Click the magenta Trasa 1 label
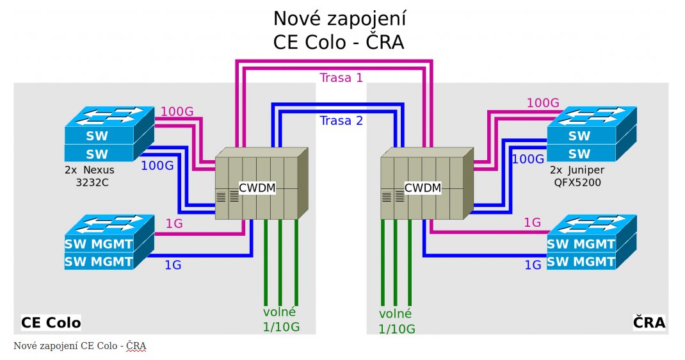coord(341,78)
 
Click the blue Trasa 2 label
coord(341,120)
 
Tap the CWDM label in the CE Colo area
coord(257,188)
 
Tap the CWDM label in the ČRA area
coord(423,188)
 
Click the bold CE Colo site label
coord(51,322)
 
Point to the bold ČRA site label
coord(649,322)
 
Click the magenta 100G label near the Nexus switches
coord(177,111)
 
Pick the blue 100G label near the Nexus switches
coord(157,165)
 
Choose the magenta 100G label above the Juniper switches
coord(543,102)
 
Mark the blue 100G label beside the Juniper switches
coord(528,158)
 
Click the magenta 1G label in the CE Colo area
coord(174,224)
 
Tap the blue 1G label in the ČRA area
coord(533,265)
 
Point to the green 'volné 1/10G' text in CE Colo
coord(280,320)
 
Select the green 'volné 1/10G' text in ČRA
coord(397,322)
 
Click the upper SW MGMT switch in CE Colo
coord(99,245)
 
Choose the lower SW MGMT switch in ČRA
coord(581,261)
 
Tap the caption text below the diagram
coord(80,347)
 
